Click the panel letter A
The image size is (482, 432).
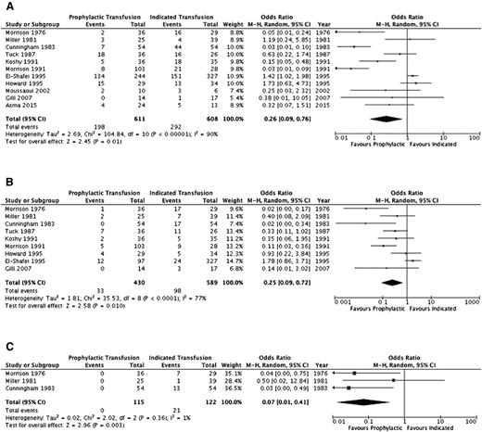6,6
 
